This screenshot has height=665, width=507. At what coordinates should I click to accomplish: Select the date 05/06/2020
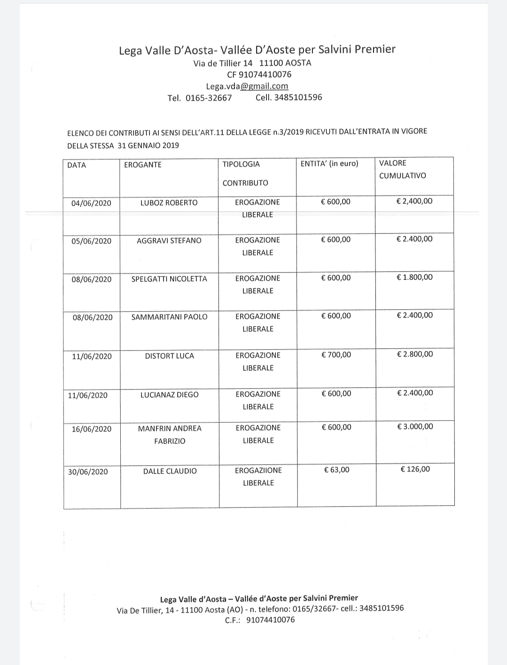pos(92,241)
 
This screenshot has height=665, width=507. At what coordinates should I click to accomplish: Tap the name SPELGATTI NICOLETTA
pos(169,279)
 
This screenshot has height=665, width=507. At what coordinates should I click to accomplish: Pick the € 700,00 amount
pos(336,355)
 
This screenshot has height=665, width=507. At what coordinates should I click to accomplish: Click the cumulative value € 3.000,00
pos(415,427)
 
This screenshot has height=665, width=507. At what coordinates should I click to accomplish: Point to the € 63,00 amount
pos(336,469)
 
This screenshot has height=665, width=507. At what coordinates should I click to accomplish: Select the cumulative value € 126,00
pos(415,469)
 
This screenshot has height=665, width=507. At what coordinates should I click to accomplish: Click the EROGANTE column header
pos(143,165)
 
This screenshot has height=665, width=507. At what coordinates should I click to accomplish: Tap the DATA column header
pos(77,165)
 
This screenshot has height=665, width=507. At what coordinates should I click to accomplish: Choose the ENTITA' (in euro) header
pos(329,164)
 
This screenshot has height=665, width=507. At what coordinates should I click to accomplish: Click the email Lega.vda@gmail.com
pos(247,86)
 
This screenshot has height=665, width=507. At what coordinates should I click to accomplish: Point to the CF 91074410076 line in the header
pos(259,74)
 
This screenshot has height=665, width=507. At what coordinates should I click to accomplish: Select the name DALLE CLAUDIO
pos(170,471)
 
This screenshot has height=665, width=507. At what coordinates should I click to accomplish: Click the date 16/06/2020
pos(92,429)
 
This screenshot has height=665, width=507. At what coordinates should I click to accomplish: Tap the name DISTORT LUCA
pos(170,356)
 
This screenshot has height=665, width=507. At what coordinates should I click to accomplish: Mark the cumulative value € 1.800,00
pos(415,277)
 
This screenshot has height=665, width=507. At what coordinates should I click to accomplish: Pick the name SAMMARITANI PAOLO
pos(169,317)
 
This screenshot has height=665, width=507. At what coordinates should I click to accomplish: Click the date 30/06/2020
pos(88,472)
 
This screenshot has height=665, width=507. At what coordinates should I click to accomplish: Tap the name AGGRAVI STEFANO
pos(169,241)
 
